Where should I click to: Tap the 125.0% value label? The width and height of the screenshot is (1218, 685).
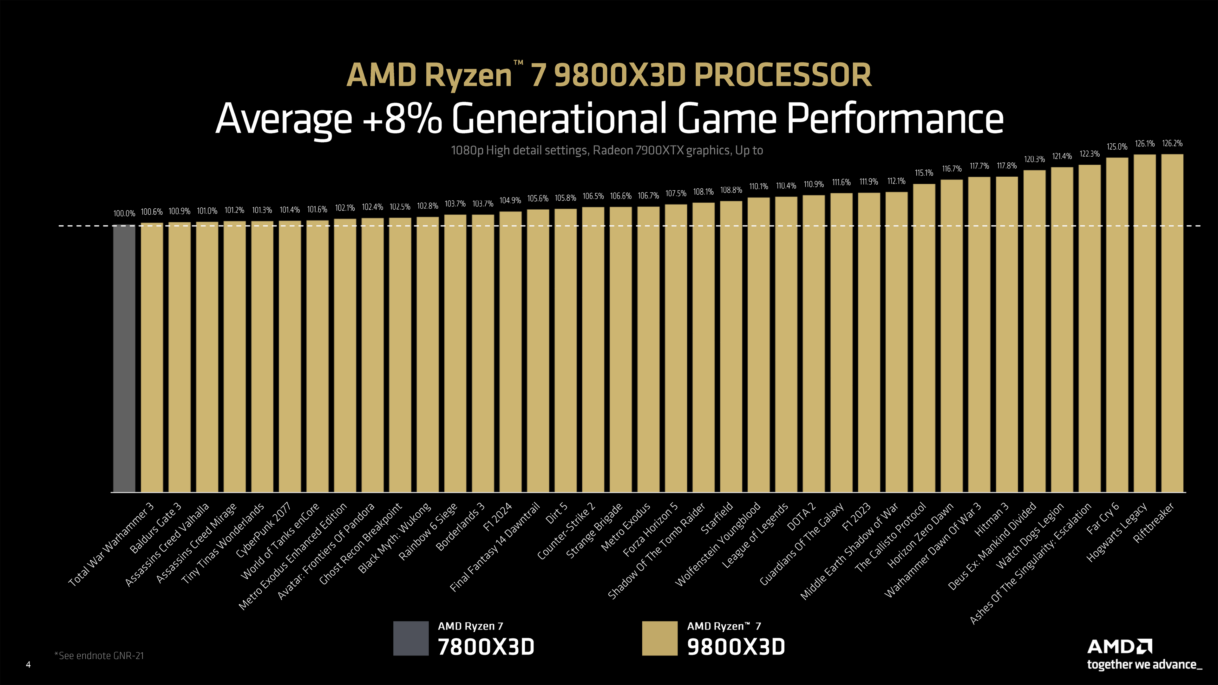[1117, 147]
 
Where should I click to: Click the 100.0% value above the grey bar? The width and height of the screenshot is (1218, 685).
[124, 214]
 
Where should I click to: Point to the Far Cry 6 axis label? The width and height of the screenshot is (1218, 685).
[1103, 519]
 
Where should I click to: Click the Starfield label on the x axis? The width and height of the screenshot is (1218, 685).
[717, 519]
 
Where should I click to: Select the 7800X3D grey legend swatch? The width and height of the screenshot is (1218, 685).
[410, 638]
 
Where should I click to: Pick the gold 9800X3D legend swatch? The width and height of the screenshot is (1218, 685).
[660, 638]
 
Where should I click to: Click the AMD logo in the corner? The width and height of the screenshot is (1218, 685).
[1119, 647]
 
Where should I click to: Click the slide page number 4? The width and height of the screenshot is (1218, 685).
[28, 665]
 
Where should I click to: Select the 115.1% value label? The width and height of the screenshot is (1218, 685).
[924, 173]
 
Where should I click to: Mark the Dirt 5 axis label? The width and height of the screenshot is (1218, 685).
[557, 513]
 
